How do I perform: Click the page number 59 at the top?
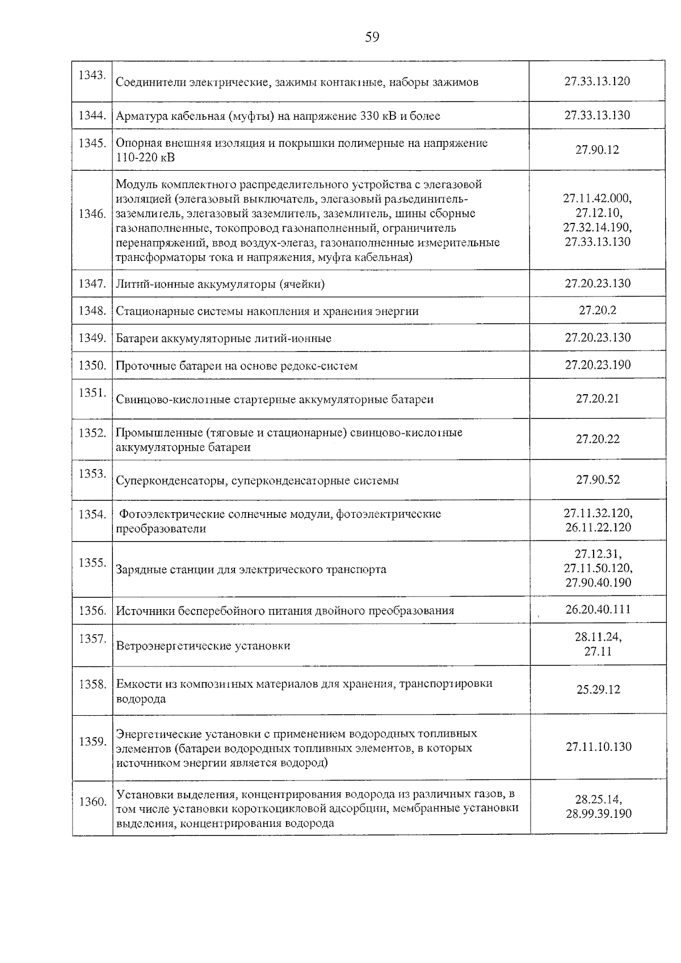[372, 38]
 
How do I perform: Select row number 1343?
[92, 75]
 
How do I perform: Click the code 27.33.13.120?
[597, 81]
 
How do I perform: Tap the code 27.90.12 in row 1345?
[597, 150]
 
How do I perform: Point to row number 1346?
[92, 215]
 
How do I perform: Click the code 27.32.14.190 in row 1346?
[597, 227]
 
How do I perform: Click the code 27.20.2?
[597, 311]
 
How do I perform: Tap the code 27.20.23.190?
[597, 365]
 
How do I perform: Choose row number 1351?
[92, 392]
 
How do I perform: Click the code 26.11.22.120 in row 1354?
[598, 528]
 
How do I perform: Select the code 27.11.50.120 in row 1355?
[598, 568]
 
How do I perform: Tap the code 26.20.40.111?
[598, 610]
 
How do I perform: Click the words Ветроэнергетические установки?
[203, 646]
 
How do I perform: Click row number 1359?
[92, 742]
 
